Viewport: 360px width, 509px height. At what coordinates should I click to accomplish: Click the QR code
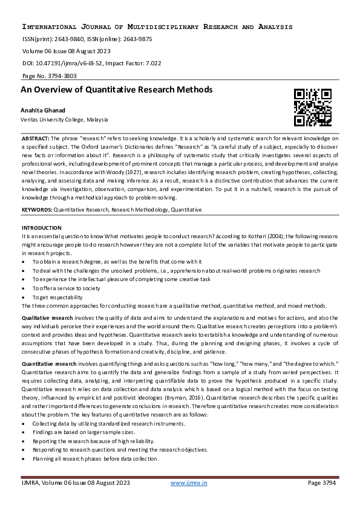coord(312,108)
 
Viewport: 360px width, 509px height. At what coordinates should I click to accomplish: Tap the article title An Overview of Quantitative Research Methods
coord(117,89)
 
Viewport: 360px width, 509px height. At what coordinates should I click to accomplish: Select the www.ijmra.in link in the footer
coord(189,482)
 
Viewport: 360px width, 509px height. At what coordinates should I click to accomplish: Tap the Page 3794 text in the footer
coord(321,482)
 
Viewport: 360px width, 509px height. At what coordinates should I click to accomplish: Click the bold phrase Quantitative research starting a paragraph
coord(49,363)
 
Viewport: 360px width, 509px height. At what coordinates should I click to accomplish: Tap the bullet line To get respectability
coord(57,297)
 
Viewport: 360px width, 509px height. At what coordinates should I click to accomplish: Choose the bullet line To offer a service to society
coord(66,288)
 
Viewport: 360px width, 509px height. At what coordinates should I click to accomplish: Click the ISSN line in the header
coord(87,39)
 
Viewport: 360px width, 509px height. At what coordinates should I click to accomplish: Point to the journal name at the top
coord(157,27)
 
